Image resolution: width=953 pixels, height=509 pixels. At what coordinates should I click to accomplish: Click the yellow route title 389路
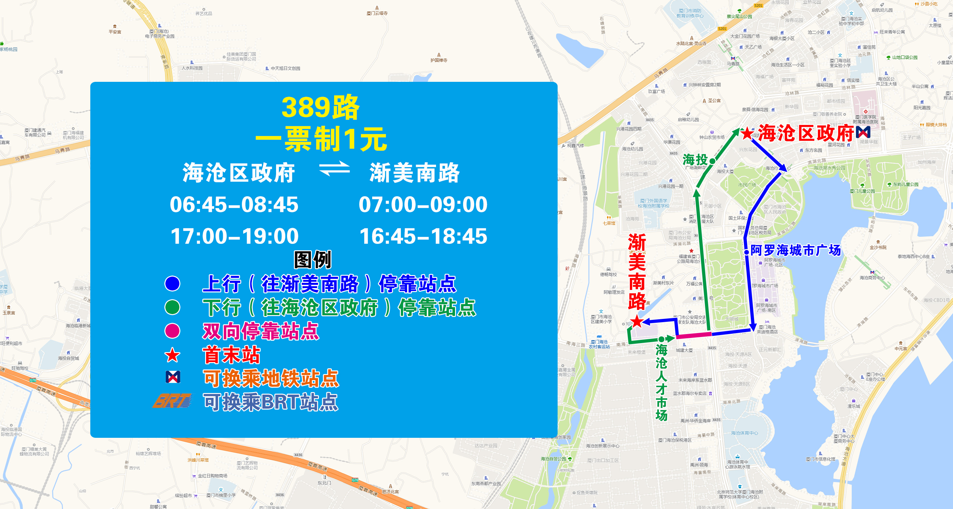point(320,107)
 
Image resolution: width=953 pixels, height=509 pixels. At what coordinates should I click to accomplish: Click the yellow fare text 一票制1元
point(321,139)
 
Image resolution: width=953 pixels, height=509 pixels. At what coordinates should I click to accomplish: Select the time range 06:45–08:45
point(234,205)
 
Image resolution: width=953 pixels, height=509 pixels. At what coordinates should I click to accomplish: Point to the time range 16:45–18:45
point(423,236)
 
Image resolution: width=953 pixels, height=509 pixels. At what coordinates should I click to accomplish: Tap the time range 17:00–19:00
point(234,236)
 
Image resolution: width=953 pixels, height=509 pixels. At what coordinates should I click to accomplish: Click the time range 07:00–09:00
point(423,205)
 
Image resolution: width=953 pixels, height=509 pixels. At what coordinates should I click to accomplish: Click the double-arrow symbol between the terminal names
point(334,169)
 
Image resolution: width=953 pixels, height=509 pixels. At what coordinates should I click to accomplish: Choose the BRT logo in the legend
point(173,401)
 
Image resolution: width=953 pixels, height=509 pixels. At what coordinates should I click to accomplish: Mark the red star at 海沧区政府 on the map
point(747,133)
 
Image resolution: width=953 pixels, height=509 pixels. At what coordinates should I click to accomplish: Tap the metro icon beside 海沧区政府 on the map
point(863,132)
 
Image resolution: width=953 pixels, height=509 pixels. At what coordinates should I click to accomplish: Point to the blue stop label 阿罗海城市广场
point(795,250)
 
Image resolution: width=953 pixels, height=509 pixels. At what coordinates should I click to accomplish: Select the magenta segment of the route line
point(694,335)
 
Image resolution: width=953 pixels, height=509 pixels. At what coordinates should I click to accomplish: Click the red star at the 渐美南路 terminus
point(637,321)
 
